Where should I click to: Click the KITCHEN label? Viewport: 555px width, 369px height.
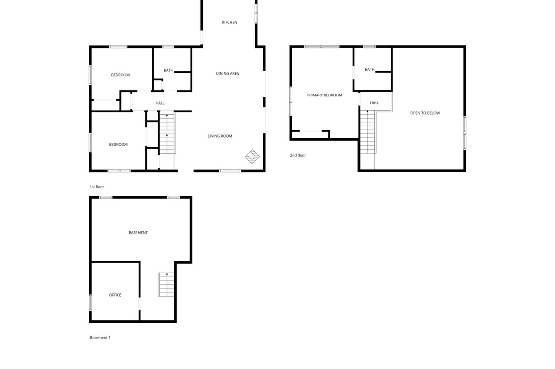point(230,22)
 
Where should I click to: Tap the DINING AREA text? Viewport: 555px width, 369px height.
point(227,74)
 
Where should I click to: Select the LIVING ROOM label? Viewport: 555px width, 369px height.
point(220,136)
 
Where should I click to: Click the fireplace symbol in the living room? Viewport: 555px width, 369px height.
point(252,157)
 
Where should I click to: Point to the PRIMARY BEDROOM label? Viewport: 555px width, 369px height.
point(325,95)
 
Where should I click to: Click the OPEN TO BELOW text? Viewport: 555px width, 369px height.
point(425,113)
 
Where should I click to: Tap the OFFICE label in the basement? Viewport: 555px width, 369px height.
point(115,295)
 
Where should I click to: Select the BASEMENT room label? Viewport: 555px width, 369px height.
point(138,233)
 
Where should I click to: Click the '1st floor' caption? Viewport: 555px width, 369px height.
point(97,187)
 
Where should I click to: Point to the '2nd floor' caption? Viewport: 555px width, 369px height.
point(298,155)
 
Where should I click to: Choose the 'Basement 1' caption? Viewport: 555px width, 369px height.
point(100,337)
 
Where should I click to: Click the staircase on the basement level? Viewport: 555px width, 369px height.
point(166,285)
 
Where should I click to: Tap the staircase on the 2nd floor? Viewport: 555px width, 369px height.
point(368,132)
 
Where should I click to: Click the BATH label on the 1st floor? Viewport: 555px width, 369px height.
point(168,70)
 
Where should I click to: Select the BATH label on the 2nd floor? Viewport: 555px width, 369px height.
point(370,70)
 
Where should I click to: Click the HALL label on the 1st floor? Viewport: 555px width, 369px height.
point(160,103)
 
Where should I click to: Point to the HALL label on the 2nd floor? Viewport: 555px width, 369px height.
point(374,103)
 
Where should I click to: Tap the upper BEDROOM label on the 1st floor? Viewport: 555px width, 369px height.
point(120,75)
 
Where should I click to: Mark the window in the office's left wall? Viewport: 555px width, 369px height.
point(91,302)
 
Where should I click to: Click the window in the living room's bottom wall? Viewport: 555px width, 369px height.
point(230,171)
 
